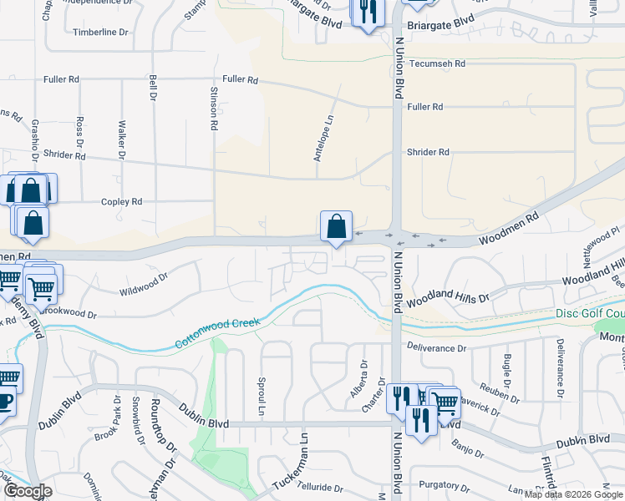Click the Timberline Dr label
pos(100,32)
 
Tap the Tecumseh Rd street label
pos(437,63)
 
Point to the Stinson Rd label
pos(214,109)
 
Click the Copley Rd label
pos(122,202)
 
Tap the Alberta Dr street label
pos(364,377)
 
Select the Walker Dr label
pos(122,139)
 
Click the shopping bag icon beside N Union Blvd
pos(336,226)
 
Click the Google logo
pos(27,491)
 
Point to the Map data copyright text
pos(573,494)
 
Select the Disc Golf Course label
pos(590,314)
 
